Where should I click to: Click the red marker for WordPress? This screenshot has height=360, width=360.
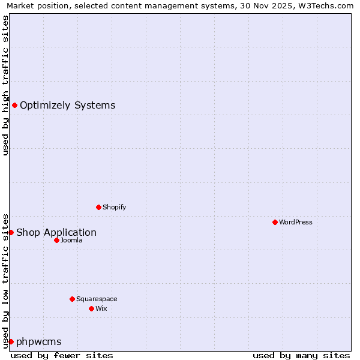pos(275,222)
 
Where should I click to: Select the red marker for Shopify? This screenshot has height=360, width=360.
pos(98,207)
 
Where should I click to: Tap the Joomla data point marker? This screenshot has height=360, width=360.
pos(56,240)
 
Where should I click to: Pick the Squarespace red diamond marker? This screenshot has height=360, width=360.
pos(72,299)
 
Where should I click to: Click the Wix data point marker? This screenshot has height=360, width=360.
pos(91,308)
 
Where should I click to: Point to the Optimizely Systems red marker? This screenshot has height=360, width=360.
pos(14,106)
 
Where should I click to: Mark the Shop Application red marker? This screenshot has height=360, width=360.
pos(11,232)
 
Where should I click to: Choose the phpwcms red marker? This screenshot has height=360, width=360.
pos(11,341)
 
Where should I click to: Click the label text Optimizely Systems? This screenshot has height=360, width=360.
pos(67,106)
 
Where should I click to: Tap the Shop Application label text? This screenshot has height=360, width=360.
pos(56,233)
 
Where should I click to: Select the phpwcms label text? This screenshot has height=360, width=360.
pos(39,342)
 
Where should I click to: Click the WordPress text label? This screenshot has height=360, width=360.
pos(296,222)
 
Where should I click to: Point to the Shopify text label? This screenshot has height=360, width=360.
pos(115,207)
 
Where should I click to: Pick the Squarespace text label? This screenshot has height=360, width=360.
pos(97,299)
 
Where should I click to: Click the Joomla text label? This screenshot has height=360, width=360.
pos(71,240)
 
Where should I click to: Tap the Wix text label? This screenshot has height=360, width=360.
pos(101,308)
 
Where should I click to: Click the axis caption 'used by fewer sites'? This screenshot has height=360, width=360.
pos(62,355)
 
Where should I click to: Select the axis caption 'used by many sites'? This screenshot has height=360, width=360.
pos(301,355)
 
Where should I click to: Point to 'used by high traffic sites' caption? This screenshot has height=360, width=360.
pos(5,85)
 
